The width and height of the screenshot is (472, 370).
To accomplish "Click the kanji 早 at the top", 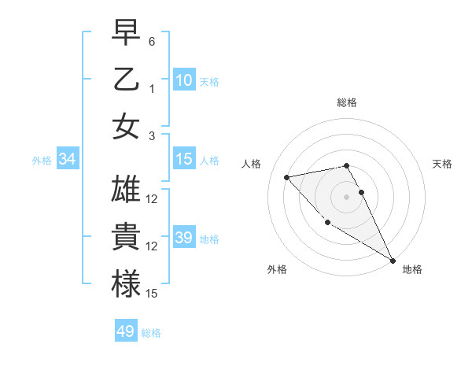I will click(x=126, y=32).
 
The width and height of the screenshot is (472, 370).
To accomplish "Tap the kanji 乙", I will click(x=126, y=80).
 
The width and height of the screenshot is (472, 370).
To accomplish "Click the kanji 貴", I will click(x=126, y=237).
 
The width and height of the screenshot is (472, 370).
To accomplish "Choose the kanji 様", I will click(x=126, y=284).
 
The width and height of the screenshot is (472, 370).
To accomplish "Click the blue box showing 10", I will click(x=184, y=80).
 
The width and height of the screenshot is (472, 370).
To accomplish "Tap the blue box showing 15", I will click(x=184, y=159).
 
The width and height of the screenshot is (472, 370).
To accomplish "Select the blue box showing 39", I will click(x=184, y=238).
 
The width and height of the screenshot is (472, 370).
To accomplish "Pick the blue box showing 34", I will click(x=68, y=159).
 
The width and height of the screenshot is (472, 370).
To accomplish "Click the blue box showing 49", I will click(x=126, y=331).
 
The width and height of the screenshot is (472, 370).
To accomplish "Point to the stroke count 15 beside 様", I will click(x=152, y=294).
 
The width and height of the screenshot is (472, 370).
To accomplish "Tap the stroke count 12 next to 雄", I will click(x=152, y=199).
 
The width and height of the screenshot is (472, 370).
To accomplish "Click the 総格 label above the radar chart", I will click(x=347, y=102).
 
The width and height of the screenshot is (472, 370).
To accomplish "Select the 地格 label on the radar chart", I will click(x=412, y=269).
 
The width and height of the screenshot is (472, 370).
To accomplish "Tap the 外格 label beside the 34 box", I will click(x=42, y=161).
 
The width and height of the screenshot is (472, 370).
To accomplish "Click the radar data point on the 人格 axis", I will click(x=287, y=177).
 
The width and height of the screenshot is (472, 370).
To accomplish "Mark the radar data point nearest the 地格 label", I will click(x=393, y=261).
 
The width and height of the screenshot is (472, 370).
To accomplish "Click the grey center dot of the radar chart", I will click(x=347, y=196).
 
